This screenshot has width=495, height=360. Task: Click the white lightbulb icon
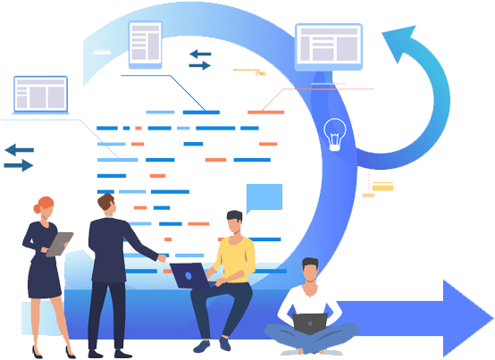[334, 134]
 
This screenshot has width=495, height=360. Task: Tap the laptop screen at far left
[40, 93]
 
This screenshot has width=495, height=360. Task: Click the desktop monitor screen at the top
[329, 46]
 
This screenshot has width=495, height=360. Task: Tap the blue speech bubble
[264, 197]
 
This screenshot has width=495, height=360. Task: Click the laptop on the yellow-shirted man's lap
[189, 274]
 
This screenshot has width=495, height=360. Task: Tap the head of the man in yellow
[234, 222]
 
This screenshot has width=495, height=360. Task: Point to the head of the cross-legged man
[309, 270]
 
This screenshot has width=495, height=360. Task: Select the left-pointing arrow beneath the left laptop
[19, 149]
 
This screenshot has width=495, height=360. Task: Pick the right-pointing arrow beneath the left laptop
[19, 165]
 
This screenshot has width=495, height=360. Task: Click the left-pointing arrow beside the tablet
[198, 54]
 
